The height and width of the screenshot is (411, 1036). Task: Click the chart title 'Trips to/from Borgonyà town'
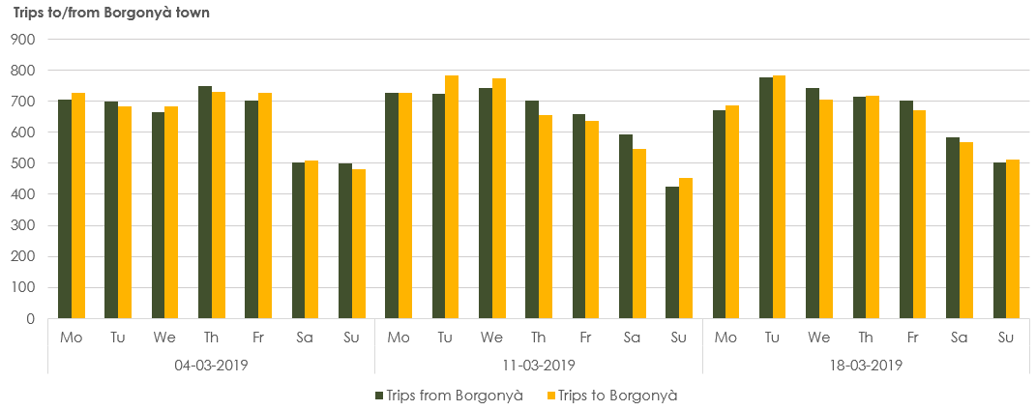[111, 14]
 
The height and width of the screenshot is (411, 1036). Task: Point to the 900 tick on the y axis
[22, 40]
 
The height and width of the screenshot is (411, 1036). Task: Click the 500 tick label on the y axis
[22, 163]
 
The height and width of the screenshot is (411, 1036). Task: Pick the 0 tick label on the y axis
[30, 318]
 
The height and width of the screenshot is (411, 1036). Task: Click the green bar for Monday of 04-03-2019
[65, 209]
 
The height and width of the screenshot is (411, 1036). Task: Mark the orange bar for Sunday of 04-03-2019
[359, 244]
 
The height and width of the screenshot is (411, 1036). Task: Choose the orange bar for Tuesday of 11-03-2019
[452, 197]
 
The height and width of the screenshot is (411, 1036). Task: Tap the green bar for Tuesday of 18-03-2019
[765, 198]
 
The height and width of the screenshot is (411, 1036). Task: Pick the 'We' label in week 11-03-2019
[491, 337]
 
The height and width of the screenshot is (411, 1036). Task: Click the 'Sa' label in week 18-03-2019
[959, 337]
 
